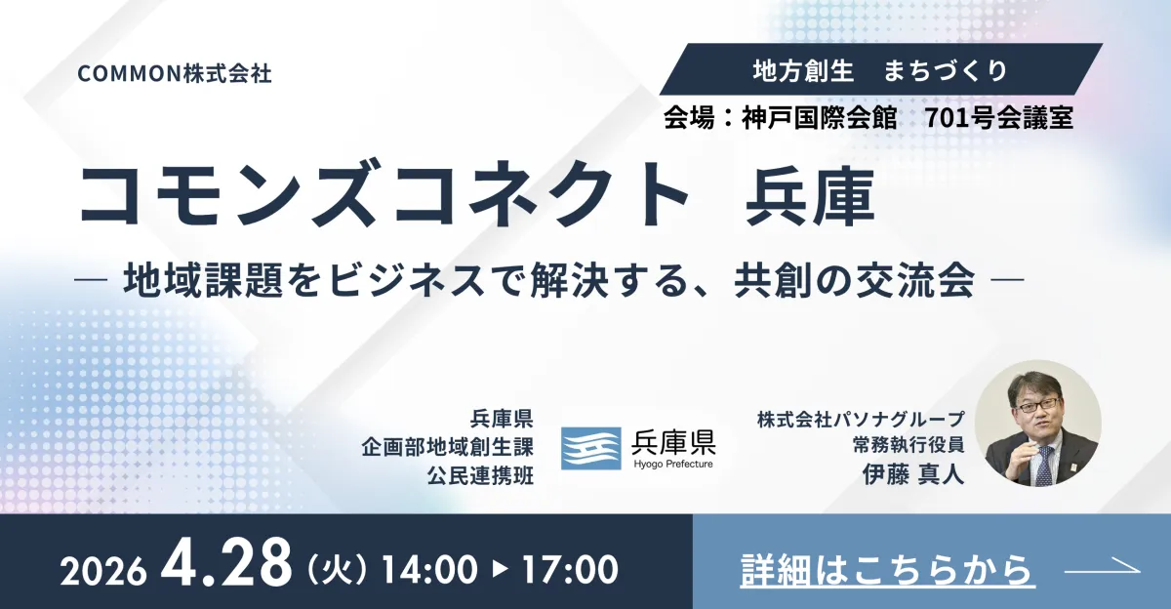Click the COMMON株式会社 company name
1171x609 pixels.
coord(175,74)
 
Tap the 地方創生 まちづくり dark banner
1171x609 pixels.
coord(881,69)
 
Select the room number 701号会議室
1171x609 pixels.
coord(999,118)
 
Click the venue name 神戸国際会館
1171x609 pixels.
coord(819,118)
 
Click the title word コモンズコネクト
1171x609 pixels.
coord(384,196)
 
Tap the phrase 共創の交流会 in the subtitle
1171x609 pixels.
coord(854,280)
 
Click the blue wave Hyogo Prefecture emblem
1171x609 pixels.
coord(590,449)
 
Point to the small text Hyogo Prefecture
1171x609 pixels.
coord(673,465)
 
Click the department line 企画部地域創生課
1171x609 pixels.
coord(447,447)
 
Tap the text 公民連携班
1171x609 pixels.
coord(480,476)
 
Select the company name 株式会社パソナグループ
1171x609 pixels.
coord(861,420)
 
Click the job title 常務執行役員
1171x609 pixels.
coord(909,445)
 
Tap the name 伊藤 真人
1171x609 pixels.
coord(912,474)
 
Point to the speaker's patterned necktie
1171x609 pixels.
coord(1044,466)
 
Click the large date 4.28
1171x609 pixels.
coord(225,562)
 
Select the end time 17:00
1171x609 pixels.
coord(570,569)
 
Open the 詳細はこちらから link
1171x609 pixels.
coord(887,570)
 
